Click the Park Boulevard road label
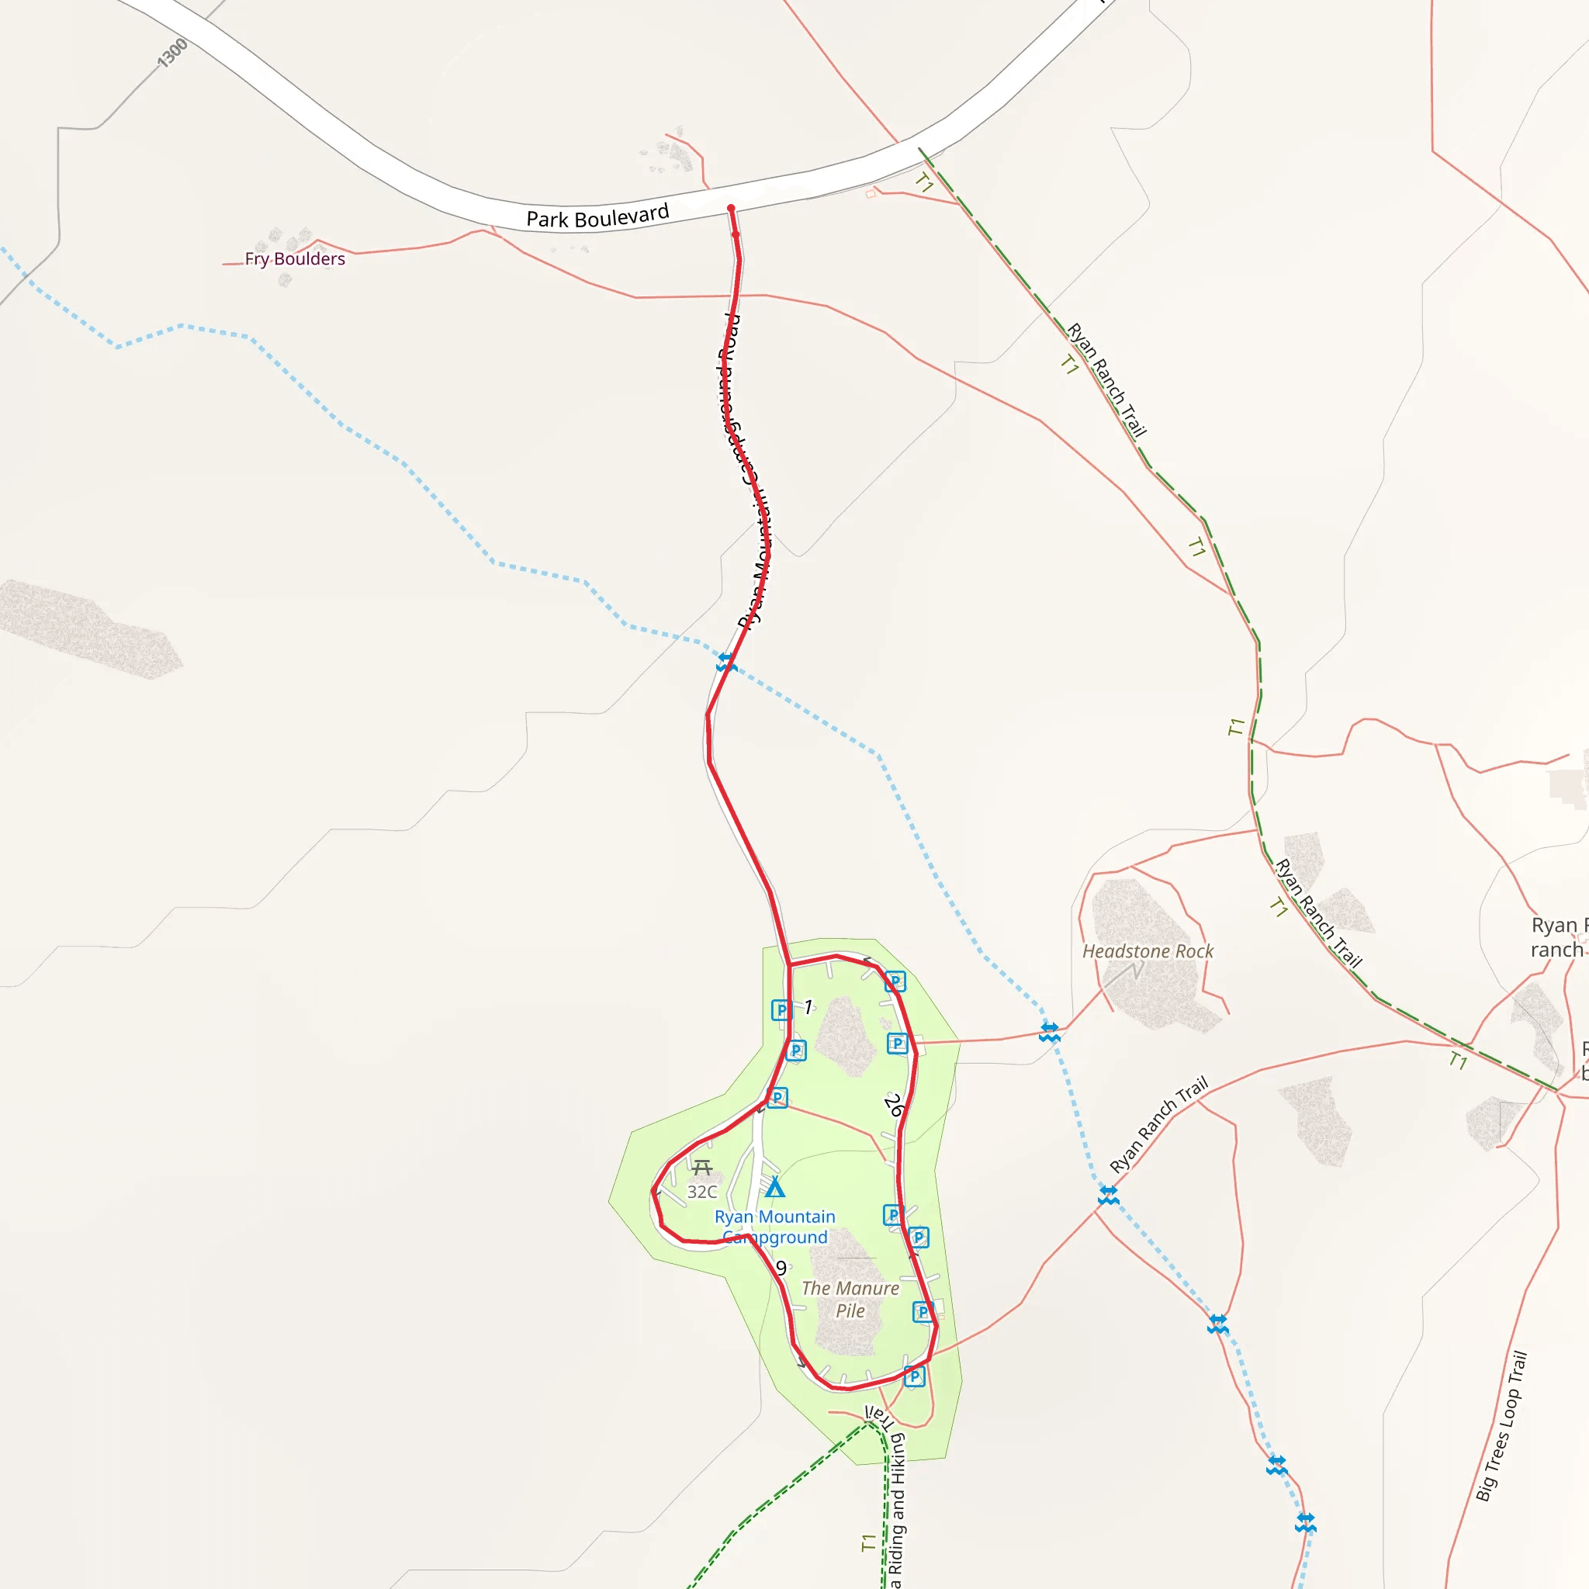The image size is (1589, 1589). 597,217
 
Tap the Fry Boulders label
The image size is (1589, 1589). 294,259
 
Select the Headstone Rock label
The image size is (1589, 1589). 1148,951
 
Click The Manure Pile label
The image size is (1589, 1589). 850,1300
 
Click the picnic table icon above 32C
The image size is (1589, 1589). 701,1167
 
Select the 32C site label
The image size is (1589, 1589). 701,1192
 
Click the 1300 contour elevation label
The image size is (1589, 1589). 173,54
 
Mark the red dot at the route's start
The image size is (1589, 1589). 730,209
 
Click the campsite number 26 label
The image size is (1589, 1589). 894,1106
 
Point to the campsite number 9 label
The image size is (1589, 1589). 781,1269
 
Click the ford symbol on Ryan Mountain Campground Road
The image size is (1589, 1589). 725,662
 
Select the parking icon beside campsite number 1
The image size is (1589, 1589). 781,1010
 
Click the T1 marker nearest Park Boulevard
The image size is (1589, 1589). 924,182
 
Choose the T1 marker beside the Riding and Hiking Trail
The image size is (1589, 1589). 868,1543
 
